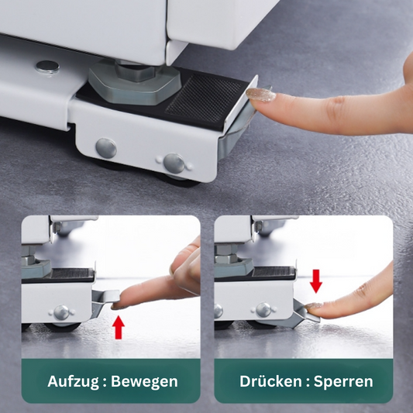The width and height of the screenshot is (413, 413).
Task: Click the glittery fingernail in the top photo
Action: click(260, 95)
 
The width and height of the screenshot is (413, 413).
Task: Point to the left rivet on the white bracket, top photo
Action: click(105, 147)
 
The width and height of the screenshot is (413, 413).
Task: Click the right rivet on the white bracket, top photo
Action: click(174, 162)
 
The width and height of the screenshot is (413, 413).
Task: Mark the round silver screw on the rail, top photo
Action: click(48, 67)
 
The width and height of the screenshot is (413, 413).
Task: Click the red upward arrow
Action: click(118, 326)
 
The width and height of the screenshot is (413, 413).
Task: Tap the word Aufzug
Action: click(74, 381)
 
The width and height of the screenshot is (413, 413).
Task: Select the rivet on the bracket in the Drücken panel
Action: click(264, 309)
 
